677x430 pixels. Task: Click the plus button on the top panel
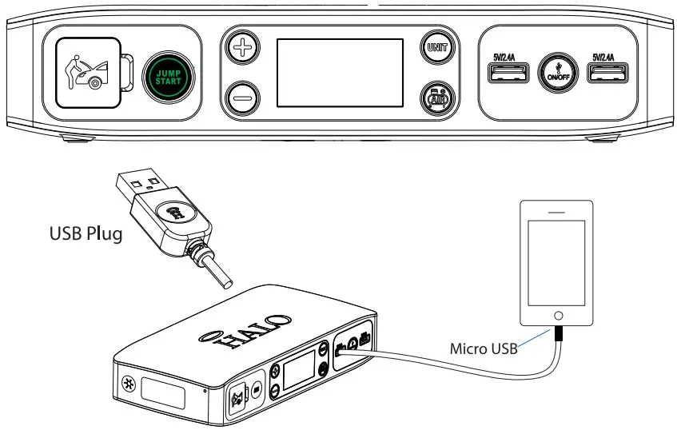pyautogui.click(x=240, y=48)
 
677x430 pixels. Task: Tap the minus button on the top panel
pyautogui.click(x=240, y=100)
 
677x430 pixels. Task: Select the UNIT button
pyautogui.click(x=437, y=48)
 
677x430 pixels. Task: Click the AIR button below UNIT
pyautogui.click(x=437, y=99)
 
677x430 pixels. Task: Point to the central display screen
pyautogui.click(x=339, y=73)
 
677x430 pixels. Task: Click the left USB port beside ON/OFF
pyautogui.click(x=508, y=74)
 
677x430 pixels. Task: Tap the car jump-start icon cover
pyautogui.click(x=86, y=73)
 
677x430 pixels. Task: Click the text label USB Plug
pyautogui.click(x=86, y=235)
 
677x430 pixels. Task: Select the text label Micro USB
pyautogui.click(x=484, y=348)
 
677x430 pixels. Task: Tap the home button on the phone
pyautogui.click(x=558, y=316)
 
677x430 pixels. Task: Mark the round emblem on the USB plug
pyautogui.click(x=173, y=213)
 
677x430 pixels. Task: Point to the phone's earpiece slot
pyautogui.click(x=557, y=213)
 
